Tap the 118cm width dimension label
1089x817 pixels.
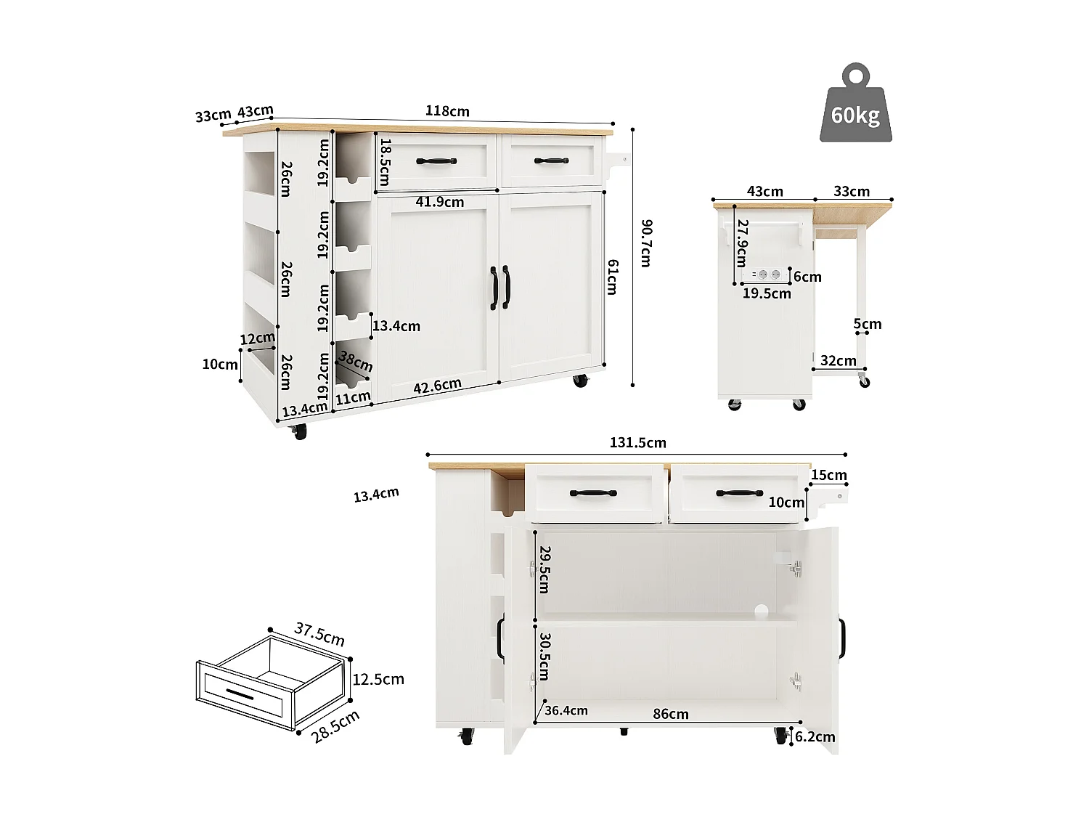(447, 111)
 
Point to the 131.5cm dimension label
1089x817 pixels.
(637, 442)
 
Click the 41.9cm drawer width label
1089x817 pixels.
(439, 202)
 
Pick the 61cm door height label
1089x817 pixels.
(612, 277)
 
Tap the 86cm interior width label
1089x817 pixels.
(670, 714)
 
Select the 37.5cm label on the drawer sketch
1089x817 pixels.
(319, 634)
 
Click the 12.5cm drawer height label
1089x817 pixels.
(378, 679)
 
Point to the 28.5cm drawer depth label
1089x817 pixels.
(335, 726)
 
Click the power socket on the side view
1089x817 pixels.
(769, 275)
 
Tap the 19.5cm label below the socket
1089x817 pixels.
(767, 293)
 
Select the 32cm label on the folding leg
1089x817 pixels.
(838, 360)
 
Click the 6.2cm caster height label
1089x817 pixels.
(815, 737)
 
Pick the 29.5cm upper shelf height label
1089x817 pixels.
(544, 569)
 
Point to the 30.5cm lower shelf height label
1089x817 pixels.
(544, 656)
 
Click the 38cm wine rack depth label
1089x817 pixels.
(356, 361)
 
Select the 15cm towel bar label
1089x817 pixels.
(828, 475)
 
